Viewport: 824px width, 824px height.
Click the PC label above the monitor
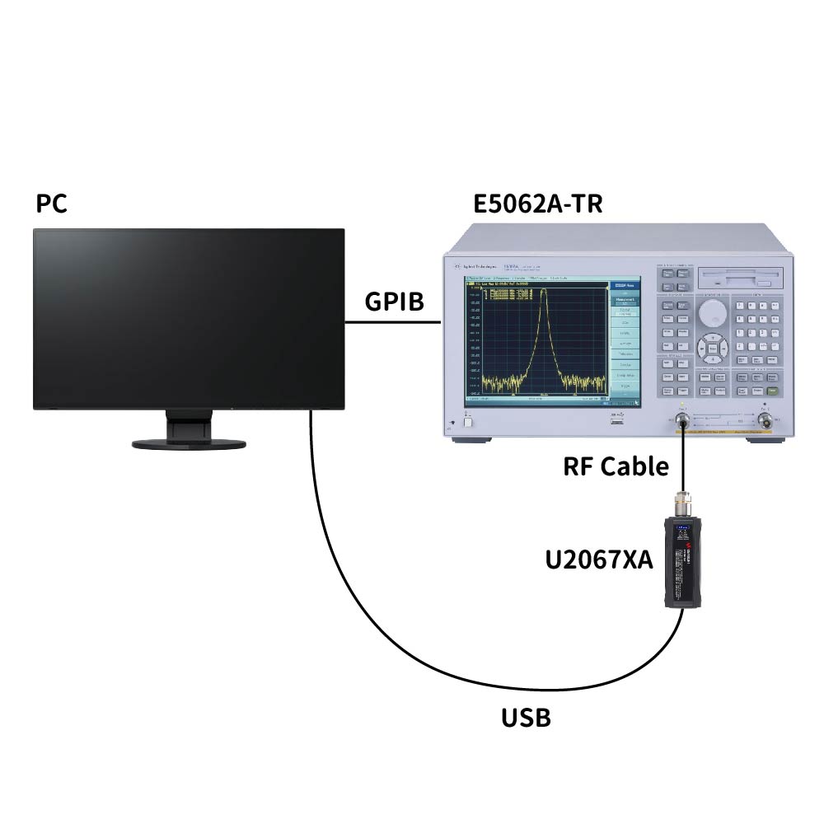52,204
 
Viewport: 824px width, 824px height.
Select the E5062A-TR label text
537,204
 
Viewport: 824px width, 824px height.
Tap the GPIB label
394,302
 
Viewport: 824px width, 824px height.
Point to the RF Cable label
616,466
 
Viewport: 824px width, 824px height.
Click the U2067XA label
599,560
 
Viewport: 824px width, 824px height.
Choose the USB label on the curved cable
526,718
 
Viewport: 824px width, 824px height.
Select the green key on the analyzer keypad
772,391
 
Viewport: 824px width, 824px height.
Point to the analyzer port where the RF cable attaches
682,423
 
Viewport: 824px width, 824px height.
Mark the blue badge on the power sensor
681,529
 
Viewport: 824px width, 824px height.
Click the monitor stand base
189,443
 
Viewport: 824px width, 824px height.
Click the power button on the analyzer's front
467,422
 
